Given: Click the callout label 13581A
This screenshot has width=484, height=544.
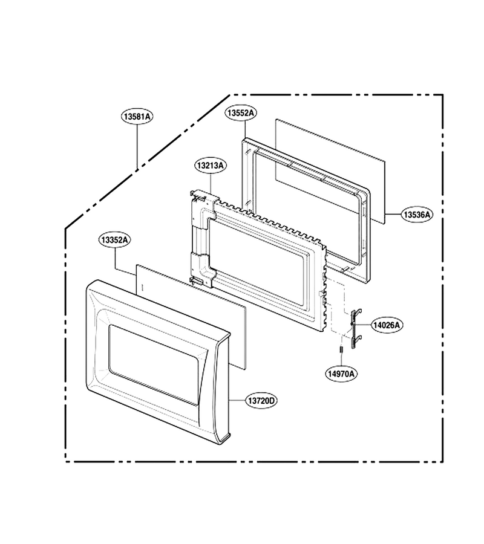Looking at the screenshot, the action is coord(137,116).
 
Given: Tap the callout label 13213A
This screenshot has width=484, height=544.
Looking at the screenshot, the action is coord(211,166).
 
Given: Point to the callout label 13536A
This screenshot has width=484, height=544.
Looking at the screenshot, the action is coord(417,215).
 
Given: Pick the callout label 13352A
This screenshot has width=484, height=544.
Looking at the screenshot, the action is coord(114,240).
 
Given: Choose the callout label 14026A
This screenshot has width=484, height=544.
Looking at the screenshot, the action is coord(387,325).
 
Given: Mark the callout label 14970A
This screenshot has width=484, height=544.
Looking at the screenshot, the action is coord(342,374).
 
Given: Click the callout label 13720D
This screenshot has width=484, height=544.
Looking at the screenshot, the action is coord(262,401).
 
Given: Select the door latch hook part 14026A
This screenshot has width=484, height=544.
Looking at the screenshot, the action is coord(355,329).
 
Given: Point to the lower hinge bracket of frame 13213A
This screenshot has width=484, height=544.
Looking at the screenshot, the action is coord(202,271).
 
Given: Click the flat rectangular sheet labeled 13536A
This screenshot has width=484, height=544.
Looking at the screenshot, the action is coord(330,172).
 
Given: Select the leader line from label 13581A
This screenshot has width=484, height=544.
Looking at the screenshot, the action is coord(137,146).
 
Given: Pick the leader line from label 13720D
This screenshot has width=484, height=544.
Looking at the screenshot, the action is coord(237,401).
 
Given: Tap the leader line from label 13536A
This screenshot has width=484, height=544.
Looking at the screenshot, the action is coord(393,215).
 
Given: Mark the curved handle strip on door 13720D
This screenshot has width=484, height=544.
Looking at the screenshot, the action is coord(209,389).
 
